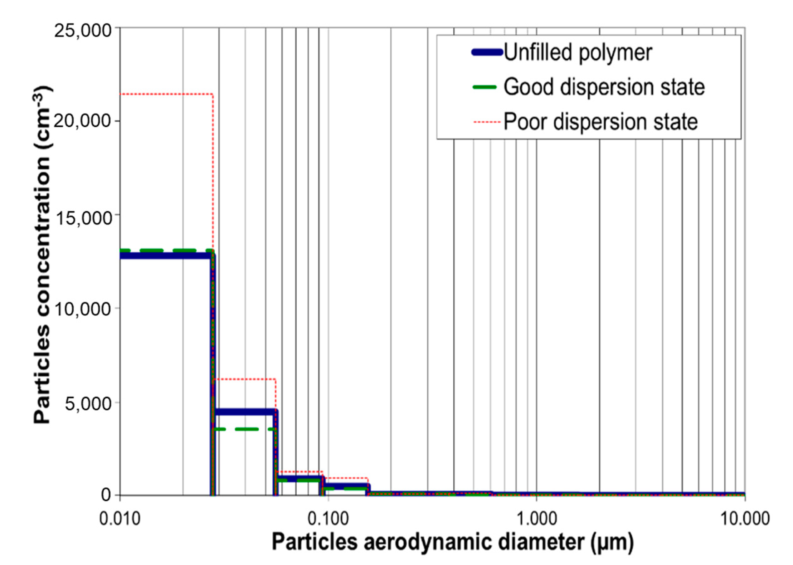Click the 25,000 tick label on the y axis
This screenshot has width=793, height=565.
(83, 31)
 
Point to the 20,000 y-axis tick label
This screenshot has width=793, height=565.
(83, 121)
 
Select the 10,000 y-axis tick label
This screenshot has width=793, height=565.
(83, 309)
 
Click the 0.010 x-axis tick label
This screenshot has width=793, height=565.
(120, 519)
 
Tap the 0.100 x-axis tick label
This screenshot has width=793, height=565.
(328, 519)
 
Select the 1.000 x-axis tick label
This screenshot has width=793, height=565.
(536, 519)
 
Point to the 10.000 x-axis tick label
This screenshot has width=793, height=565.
(744, 519)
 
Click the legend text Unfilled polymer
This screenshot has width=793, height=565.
(578, 53)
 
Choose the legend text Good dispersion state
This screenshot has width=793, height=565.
(604, 87)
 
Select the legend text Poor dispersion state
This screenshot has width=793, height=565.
(601, 122)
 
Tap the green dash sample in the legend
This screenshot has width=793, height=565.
(484, 87)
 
